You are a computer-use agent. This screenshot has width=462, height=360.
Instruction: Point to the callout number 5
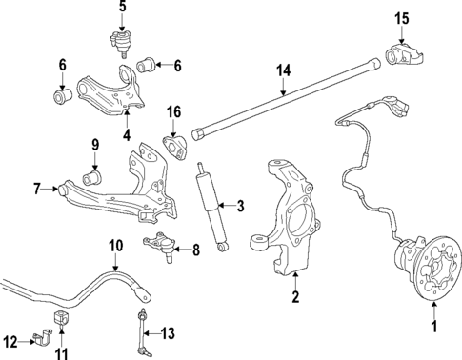[122, 9]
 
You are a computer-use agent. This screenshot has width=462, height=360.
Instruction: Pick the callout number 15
[401, 18]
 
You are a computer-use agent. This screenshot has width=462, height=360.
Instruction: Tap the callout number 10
[114, 246]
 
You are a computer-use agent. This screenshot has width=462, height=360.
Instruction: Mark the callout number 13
[169, 332]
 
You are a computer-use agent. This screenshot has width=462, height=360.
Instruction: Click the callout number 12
[10, 340]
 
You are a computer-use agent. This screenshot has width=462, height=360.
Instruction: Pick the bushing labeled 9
[94, 177]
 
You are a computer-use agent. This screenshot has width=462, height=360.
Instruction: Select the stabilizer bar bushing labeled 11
[61, 317]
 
